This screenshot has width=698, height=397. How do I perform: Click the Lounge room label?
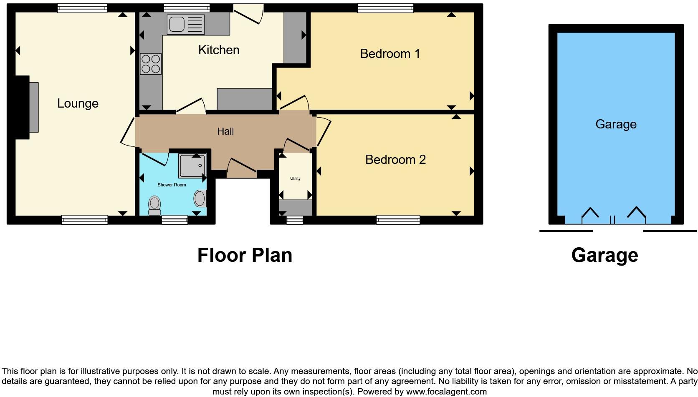tap(78, 103)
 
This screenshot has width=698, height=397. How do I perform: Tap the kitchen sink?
tap(186, 24)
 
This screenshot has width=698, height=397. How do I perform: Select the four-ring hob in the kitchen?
tap(151, 64)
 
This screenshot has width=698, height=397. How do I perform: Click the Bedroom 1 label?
tap(390, 54)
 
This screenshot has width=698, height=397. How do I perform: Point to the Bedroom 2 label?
tap(395, 160)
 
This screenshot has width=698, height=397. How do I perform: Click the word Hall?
tap(225, 131)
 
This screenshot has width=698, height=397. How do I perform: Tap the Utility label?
tap(295, 178)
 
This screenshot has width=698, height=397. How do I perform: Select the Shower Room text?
tap(172, 185)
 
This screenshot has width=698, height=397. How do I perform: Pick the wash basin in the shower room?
tap(200, 198)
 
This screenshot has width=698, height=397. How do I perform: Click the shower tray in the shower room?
tap(192, 165)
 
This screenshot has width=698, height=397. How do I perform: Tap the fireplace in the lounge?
tap(33, 107)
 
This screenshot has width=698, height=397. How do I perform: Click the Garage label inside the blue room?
tap(616, 124)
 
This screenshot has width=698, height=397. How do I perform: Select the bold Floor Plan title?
tap(245, 255)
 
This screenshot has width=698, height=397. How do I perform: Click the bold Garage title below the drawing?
tap(604, 255)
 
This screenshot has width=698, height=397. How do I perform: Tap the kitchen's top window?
tap(187, 8)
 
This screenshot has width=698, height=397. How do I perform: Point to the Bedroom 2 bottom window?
tap(398, 220)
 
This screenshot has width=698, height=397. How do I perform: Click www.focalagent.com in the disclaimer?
tap(446, 392)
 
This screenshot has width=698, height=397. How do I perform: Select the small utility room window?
tap(295, 220)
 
